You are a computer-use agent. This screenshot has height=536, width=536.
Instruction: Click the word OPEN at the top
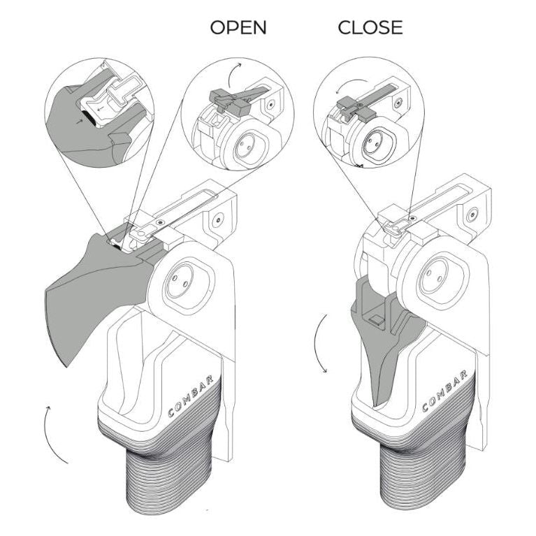pyautogui.click(x=238, y=28)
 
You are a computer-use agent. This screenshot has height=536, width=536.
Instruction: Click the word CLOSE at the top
pyautogui.click(x=370, y=28)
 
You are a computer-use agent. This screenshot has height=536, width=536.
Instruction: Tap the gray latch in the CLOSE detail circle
pyautogui.click(x=353, y=108)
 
